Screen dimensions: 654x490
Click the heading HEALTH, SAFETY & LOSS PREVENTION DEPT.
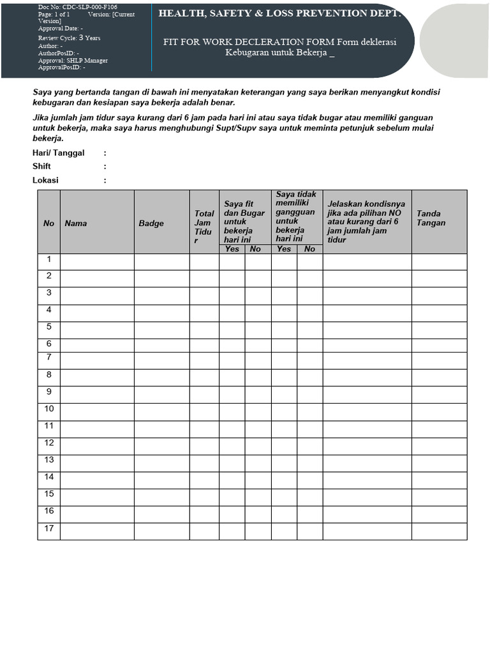pos(281,13)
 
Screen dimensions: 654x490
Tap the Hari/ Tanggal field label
pos(59,153)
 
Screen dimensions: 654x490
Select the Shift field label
pos(41,167)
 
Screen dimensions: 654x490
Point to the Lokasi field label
pos(45,180)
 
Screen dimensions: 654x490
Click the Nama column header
pos(76,224)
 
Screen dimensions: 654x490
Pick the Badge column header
pos(151,224)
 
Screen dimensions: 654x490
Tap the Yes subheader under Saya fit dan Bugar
pos(232,249)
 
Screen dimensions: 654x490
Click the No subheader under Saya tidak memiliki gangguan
pos(309,249)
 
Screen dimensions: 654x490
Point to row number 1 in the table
pos(48,260)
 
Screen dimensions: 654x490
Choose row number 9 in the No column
pos(48,392)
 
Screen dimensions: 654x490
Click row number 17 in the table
pos(49,528)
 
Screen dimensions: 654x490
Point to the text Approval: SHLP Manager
pos(73,61)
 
